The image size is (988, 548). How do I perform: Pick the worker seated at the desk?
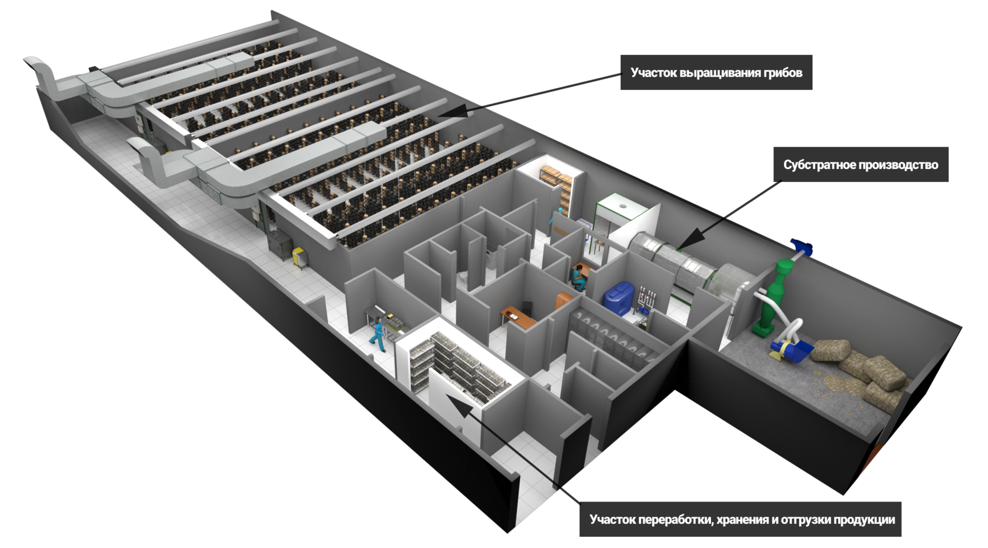[x=579, y=277]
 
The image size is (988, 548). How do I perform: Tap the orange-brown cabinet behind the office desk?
[x=563, y=300]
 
